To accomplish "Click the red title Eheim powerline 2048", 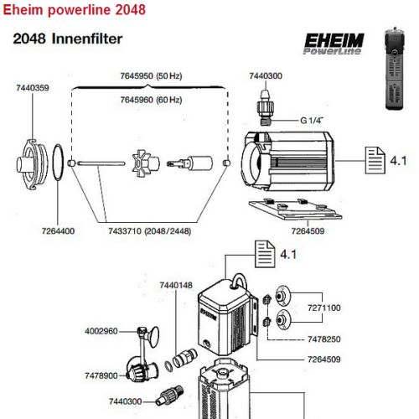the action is click(x=74, y=10).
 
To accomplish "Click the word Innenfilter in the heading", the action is click(x=87, y=39).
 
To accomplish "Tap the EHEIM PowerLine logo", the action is click(x=334, y=44).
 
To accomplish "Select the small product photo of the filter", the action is click(x=396, y=69).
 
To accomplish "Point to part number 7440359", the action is click(x=33, y=88).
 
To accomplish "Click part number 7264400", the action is click(x=58, y=231).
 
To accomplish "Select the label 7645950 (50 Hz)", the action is click(x=151, y=76).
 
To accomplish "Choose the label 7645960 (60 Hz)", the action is click(x=151, y=100).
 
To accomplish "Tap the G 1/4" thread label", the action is click(x=312, y=121).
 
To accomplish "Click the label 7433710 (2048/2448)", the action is click(x=150, y=231).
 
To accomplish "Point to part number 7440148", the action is click(x=176, y=285).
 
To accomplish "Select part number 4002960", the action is click(x=101, y=331).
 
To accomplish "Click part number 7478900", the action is click(x=101, y=375).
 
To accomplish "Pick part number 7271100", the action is click(x=324, y=308).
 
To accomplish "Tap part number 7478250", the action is click(x=324, y=339).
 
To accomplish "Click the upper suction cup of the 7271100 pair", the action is click(x=282, y=296).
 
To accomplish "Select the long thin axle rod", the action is click(x=101, y=163).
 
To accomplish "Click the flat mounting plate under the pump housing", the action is click(x=295, y=209).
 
